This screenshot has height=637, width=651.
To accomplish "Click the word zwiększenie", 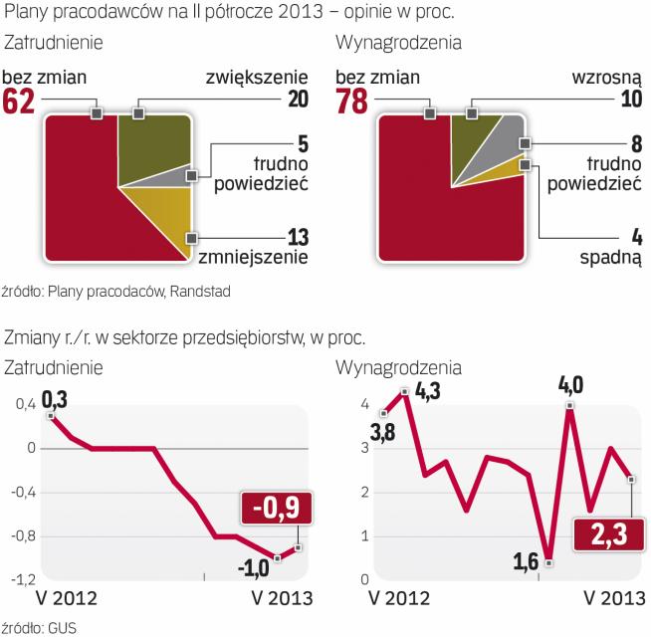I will coord(253,77).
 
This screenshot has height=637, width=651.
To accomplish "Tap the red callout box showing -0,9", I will coord(275,509).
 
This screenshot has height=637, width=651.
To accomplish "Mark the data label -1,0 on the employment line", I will coord(252,568).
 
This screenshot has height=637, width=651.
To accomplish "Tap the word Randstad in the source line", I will coord(199,292).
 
